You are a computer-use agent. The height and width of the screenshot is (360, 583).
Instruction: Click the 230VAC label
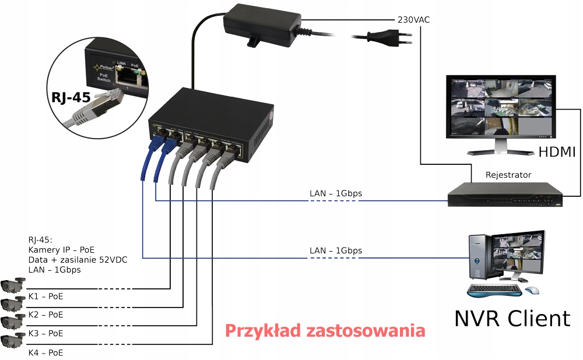(x=414, y=19)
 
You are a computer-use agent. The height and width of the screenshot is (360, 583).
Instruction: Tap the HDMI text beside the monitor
(x=557, y=152)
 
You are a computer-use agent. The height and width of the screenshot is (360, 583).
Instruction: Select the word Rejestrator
(x=508, y=175)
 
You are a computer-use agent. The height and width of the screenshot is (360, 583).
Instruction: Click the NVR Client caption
(x=512, y=318)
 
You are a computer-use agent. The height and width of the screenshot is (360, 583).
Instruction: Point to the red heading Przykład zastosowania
(x=325, y=331)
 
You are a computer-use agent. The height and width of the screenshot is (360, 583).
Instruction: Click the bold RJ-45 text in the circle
(x=71, y=97)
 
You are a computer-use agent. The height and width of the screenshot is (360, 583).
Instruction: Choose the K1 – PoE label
(x=45, y=296)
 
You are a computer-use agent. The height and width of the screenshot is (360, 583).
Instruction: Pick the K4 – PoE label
(x=45, y=352)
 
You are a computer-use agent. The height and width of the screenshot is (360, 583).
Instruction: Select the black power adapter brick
(x=262, y=23)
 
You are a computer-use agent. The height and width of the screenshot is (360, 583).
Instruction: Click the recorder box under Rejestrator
(x=505, y=195)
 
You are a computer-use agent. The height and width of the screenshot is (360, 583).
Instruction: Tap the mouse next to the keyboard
(x=532, y=290)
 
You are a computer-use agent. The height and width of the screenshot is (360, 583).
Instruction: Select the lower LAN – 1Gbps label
(x=335, y=250)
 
